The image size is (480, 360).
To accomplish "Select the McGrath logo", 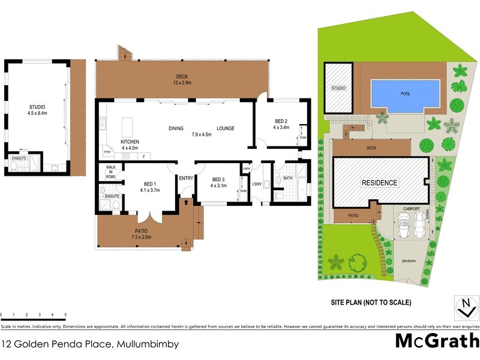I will (436, 341).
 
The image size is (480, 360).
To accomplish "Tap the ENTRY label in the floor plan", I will (185, 178).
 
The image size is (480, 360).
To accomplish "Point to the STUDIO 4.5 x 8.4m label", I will (37, 109).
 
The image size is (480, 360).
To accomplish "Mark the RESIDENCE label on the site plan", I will (379, 182).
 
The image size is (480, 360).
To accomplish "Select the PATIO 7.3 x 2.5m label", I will (142, 234).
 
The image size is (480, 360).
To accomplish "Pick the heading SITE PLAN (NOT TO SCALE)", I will (371, 303).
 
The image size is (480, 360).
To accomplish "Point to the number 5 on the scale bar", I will (65, 315).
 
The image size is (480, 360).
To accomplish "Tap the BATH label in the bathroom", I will (287, 178).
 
